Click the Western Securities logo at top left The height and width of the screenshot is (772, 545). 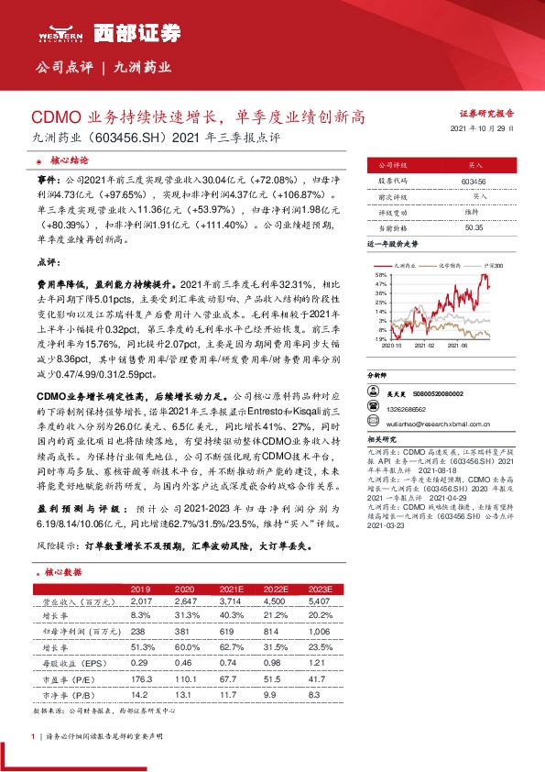click(x=60, y=33)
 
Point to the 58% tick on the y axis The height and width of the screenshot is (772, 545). click(x=380, y=274)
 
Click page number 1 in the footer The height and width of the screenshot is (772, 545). click(x=33, y=736)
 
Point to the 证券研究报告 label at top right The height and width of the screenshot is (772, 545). click(x=485, y=112)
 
